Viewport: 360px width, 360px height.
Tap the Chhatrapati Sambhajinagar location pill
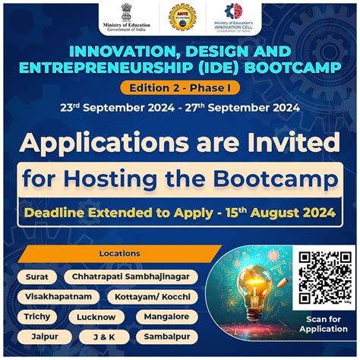[131, 276]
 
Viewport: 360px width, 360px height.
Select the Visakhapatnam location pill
[58, 296]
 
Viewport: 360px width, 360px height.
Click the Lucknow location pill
[96, 317]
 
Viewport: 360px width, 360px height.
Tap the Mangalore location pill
[167, 316]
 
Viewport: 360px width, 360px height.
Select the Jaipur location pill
[46, 336]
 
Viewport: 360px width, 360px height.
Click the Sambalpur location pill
[167, 336]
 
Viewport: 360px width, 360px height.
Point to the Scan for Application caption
[323, 324]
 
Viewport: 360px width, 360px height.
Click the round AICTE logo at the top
[182, 17]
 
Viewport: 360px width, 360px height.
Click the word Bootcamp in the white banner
[277, 180]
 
